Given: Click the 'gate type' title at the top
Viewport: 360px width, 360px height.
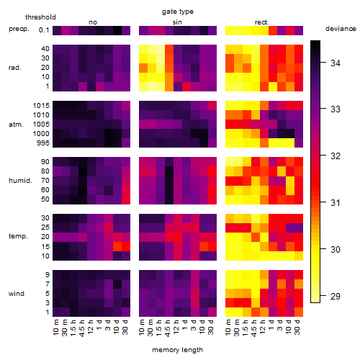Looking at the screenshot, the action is point(178,12).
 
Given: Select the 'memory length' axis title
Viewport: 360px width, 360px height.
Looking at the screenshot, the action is point(177,350).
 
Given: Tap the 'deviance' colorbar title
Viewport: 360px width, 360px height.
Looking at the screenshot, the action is point(341,29).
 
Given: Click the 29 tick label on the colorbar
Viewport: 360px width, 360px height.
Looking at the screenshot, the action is point(336,297).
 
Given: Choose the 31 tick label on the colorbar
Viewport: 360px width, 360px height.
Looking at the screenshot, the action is point(336,203).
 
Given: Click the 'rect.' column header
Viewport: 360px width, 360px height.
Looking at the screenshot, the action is point(261,22).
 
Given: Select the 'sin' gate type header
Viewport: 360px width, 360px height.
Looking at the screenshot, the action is point(177,22).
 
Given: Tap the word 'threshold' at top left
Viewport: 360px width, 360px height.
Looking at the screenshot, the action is point(40,17).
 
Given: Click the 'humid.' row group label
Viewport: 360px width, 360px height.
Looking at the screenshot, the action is point(20,181).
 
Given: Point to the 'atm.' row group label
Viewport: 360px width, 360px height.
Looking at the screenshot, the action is point(16,125).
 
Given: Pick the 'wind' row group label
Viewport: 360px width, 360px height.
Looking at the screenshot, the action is point(17,294).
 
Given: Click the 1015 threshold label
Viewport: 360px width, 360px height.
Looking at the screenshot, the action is point(41,106).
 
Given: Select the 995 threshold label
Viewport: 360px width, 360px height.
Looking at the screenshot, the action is point(43,143).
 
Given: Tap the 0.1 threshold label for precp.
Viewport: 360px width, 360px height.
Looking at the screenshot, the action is point(44,30).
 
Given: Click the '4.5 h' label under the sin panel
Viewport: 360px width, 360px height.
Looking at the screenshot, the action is point(168,328).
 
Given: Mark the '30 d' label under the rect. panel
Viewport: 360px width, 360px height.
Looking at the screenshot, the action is point(297,327).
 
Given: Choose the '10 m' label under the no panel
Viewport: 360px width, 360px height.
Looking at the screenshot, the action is point(55,328).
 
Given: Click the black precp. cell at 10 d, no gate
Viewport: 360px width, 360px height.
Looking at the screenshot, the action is point(117,30).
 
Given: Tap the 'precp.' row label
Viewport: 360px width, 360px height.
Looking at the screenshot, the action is point(19,29).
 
